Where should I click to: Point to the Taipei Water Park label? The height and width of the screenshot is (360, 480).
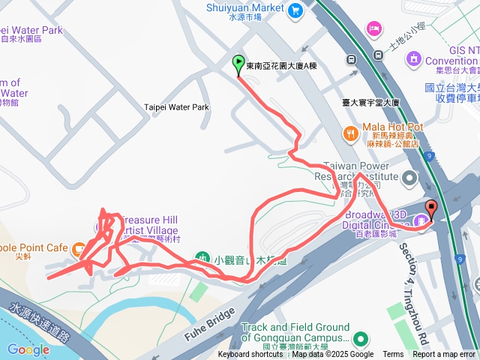pyautogui.click(x=176, y=107)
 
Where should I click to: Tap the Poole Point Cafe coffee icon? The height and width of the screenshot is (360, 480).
pyautogui.click(x=78, y=247)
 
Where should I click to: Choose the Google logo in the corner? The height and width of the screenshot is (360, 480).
pyautogui.click(x=28, y=349)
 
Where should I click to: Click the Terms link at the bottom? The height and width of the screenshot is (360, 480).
pyautogui.click(x=393, y=355)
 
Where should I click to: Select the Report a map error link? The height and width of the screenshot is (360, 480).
pyautogui.click(x=444, y=355)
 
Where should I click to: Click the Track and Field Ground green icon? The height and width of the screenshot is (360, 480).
pyautogui.click(x=360, y=339)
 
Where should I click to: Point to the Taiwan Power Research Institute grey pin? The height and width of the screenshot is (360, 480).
pyautogui.click(x=409, y=178)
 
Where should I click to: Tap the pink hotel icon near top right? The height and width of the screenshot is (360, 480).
pyautogui.click(x=373, y=28)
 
